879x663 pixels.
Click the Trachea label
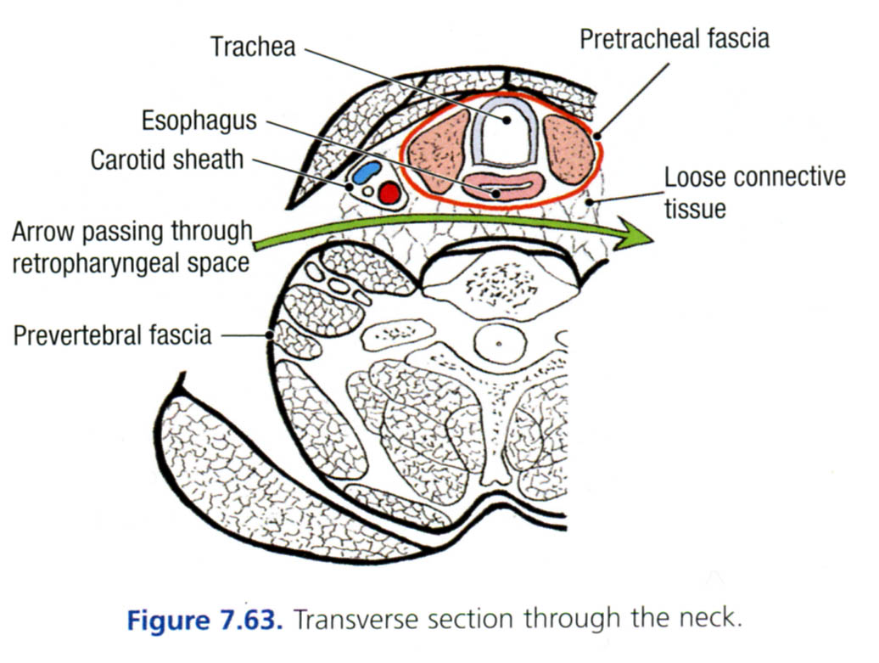253,46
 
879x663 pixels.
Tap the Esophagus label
199,121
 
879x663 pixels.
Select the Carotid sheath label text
166,159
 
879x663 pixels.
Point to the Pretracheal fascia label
675,39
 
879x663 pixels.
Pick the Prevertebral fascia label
112,334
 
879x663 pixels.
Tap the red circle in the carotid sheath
389,194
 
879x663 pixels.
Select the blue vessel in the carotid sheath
366,172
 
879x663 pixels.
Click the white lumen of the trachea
507,136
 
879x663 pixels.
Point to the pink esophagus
504,187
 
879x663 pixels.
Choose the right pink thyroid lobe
569,149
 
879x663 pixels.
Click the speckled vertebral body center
501,284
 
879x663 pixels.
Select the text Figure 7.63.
204,619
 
